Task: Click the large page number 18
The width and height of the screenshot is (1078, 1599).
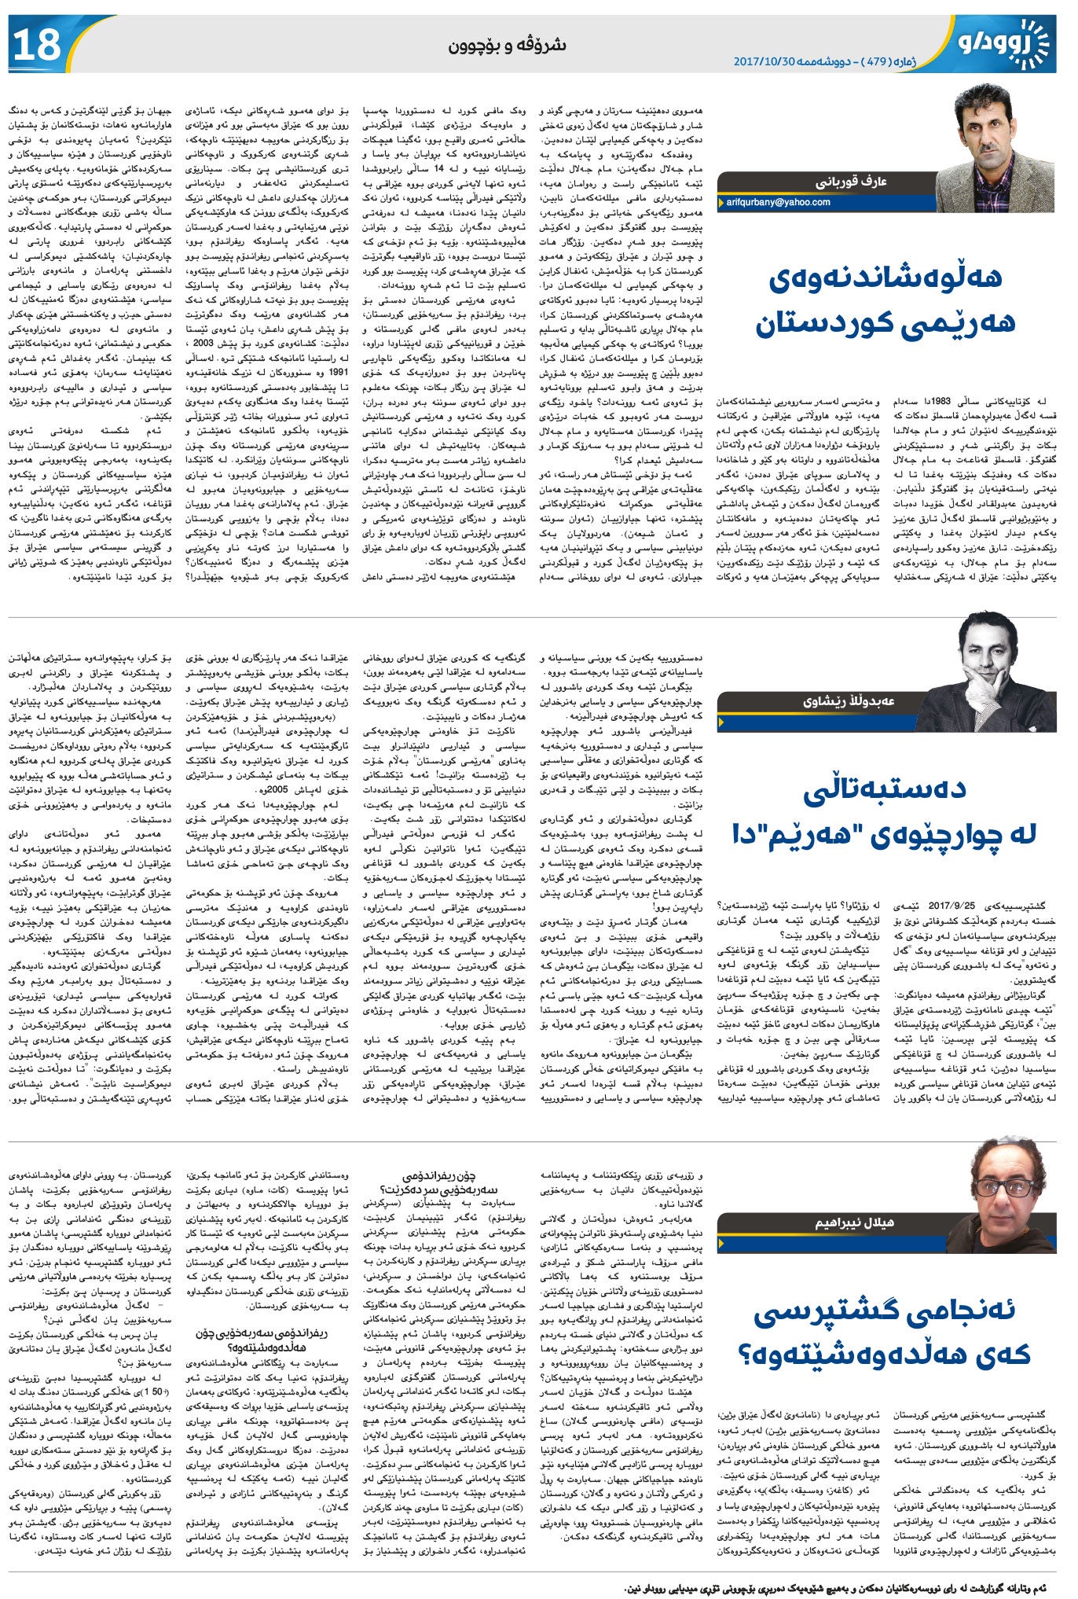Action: [x=37, y=44]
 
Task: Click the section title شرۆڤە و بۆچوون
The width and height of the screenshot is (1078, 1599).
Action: [x=507, y=46]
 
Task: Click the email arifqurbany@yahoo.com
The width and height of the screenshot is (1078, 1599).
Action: [x=777, y=203]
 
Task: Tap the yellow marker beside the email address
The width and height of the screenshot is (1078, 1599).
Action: [x=720, y=203]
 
